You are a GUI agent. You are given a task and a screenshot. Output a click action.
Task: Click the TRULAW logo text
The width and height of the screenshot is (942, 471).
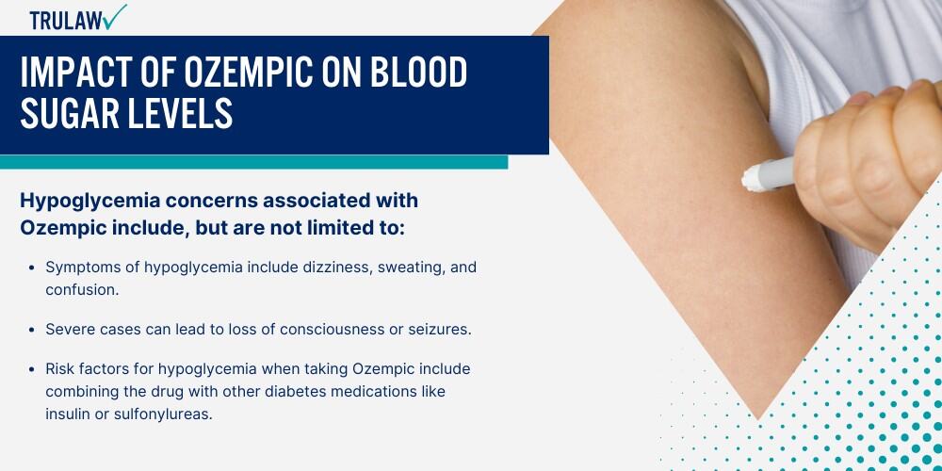click(x=66, y=20)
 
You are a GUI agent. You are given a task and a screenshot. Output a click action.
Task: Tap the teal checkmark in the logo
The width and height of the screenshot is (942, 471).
click(x=114, y=16)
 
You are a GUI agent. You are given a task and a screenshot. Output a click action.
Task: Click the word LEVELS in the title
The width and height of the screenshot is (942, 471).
click(x=179, y=114)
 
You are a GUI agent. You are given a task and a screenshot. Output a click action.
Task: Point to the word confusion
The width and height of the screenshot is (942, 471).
click(x=83, y=289)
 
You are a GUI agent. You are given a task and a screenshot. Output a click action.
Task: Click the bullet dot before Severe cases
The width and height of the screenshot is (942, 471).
click(x=32, y=331)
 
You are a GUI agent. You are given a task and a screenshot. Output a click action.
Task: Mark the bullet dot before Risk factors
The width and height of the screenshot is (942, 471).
click(x=32, y=369)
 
